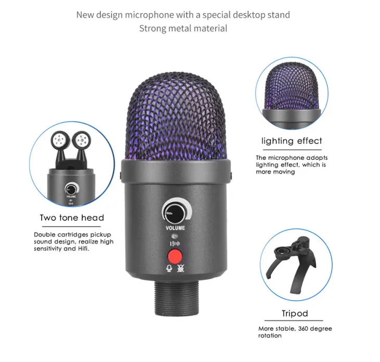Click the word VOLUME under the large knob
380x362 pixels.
tap(175, 228)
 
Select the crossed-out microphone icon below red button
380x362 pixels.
tap(181, 269)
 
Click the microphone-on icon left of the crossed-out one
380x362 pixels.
tap(169, 269)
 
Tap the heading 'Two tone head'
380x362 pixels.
tap(72, 218)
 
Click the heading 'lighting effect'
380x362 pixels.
tap(292, 141)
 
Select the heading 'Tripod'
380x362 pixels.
tap(295, 314)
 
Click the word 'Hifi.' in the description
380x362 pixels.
tap(81, 249)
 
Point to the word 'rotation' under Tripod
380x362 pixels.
tap(270, 335)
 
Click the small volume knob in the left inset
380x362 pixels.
tap(70, 188)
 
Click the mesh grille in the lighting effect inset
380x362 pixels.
tap(292, 86)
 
